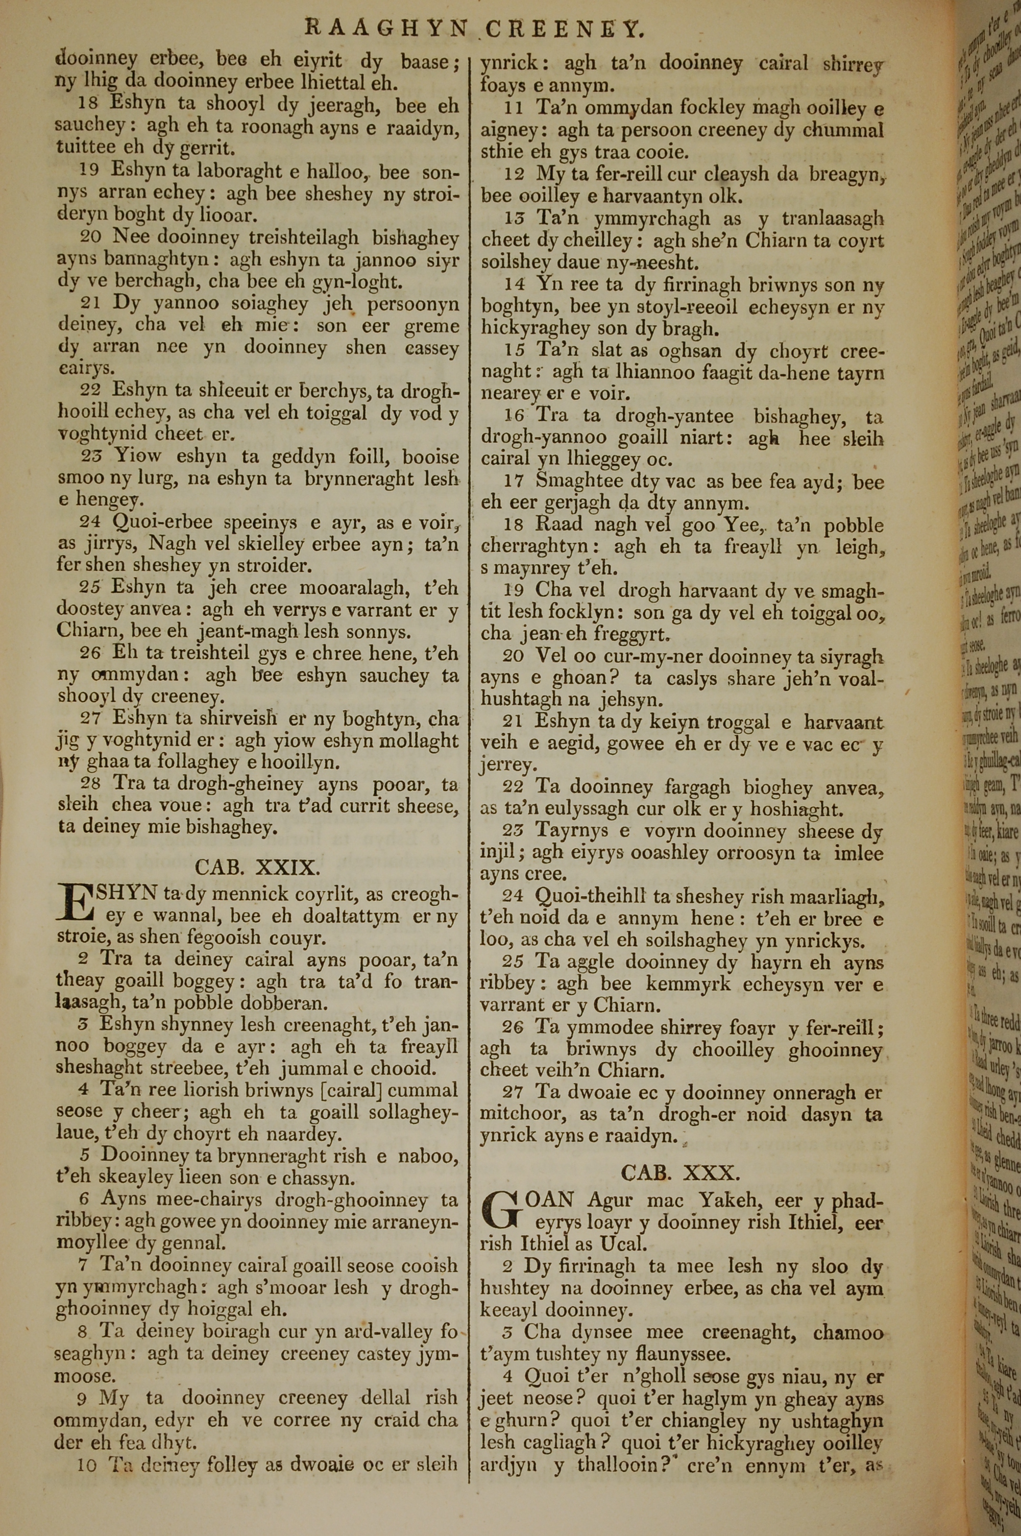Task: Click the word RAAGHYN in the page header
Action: pyautogui.click(x=386, y=29)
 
